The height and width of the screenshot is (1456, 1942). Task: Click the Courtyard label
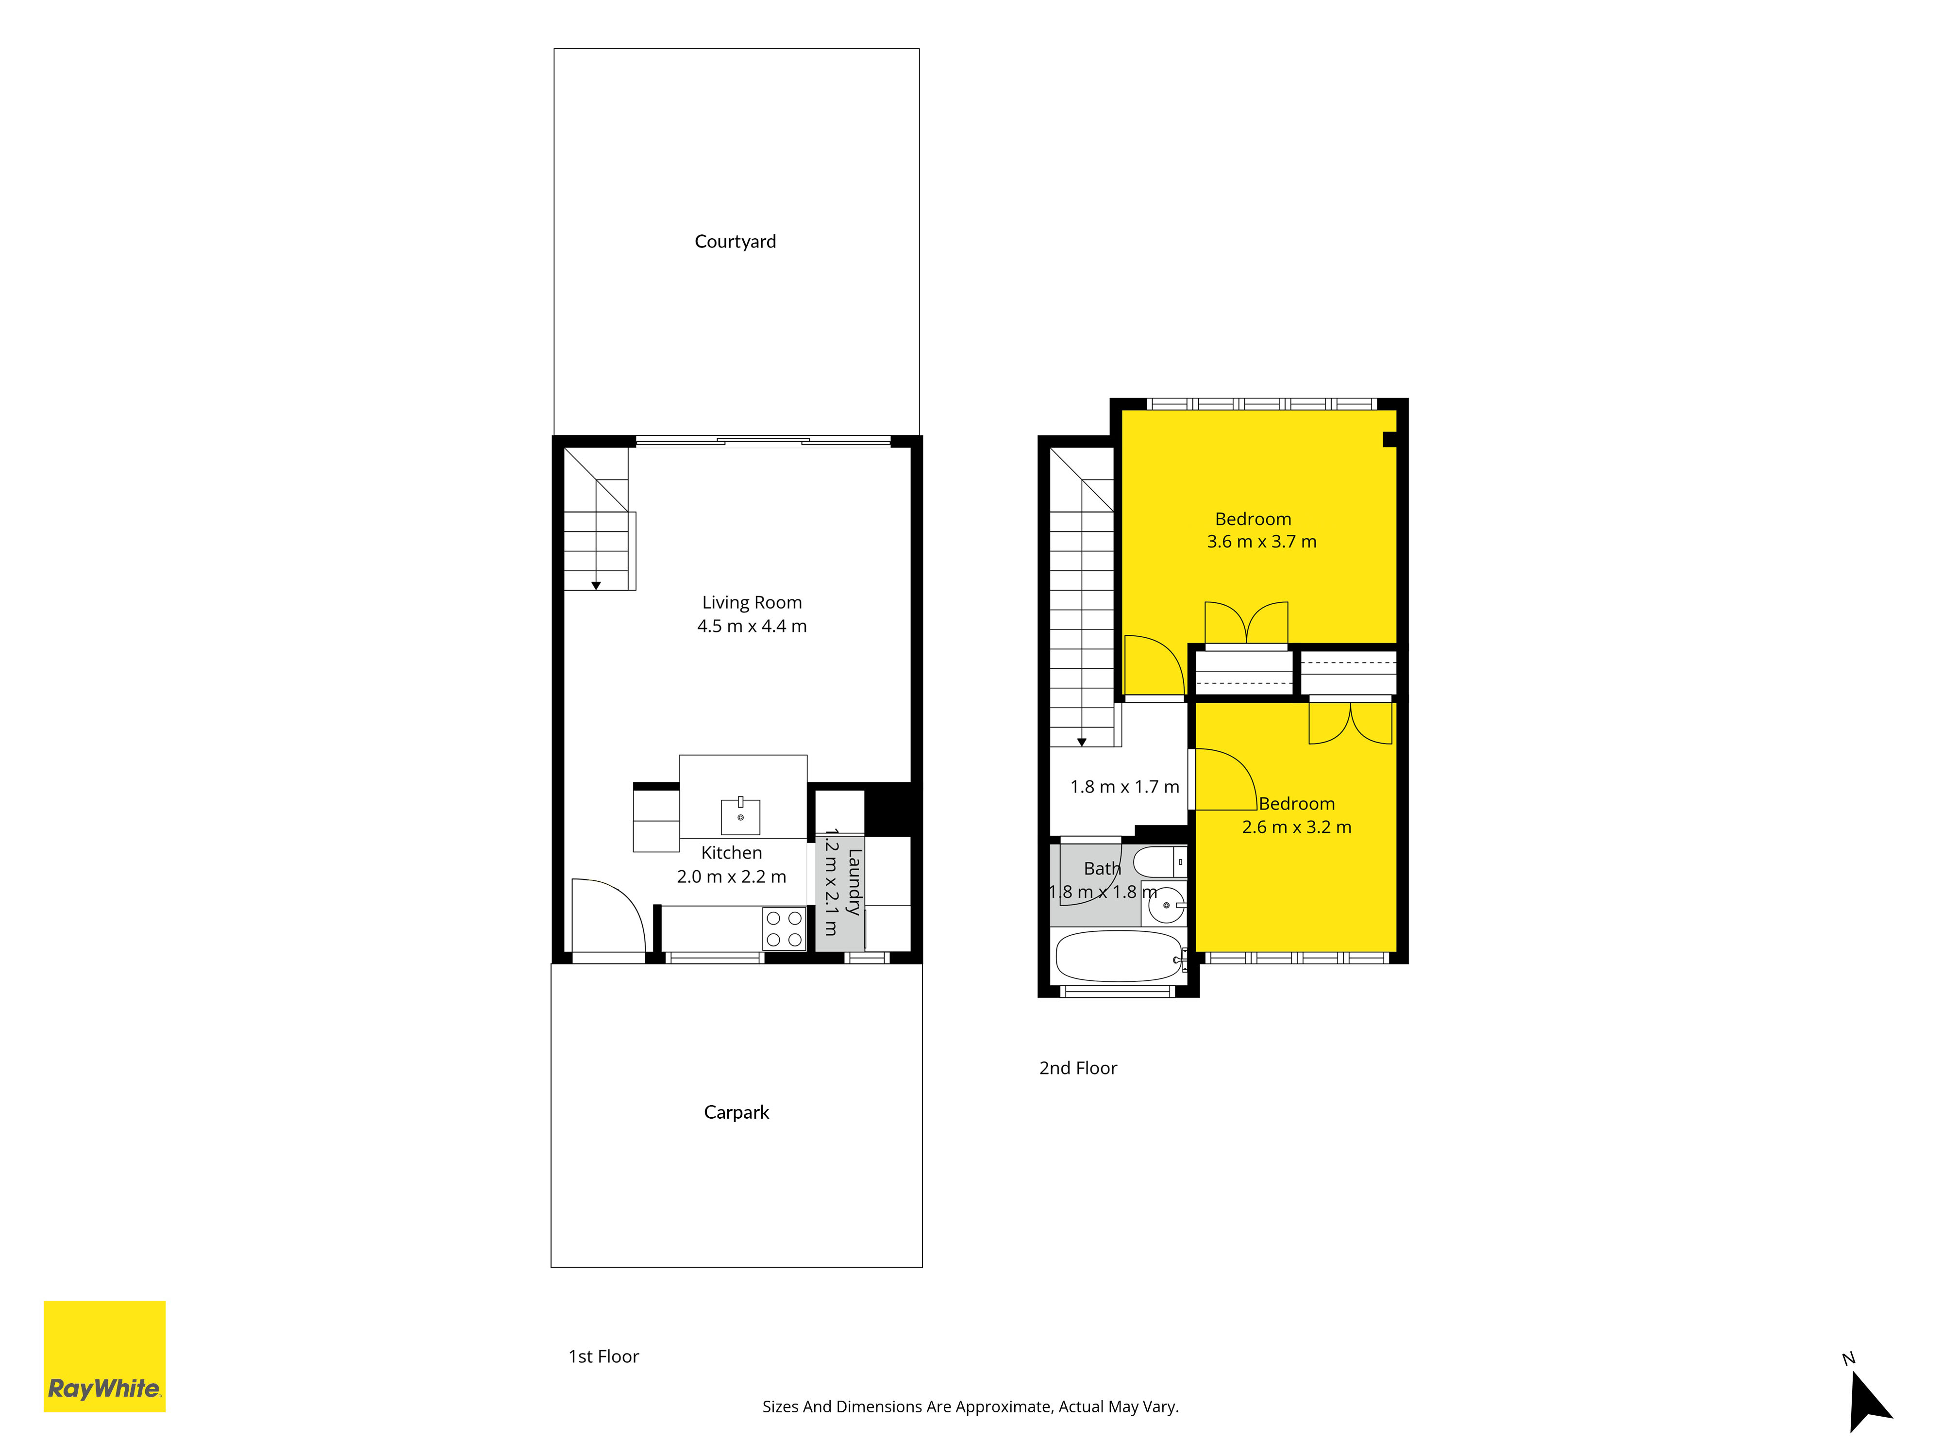735,241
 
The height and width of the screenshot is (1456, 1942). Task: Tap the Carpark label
736,1112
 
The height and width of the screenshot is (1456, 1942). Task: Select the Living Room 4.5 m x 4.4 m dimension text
752,626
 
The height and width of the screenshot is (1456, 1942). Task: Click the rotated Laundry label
854,882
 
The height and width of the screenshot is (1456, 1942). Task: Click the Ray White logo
104,1356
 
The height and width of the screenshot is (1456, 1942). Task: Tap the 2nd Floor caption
1078,1068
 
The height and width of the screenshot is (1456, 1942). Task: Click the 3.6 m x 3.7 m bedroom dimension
1262,542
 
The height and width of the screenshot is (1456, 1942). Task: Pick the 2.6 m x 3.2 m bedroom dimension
1297,827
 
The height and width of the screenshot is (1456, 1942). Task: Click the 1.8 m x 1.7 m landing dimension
1124,787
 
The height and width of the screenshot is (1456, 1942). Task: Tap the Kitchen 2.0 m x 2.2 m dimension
731,876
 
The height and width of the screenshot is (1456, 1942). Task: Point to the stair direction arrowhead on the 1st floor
596,585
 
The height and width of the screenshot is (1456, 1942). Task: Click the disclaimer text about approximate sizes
970,1407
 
